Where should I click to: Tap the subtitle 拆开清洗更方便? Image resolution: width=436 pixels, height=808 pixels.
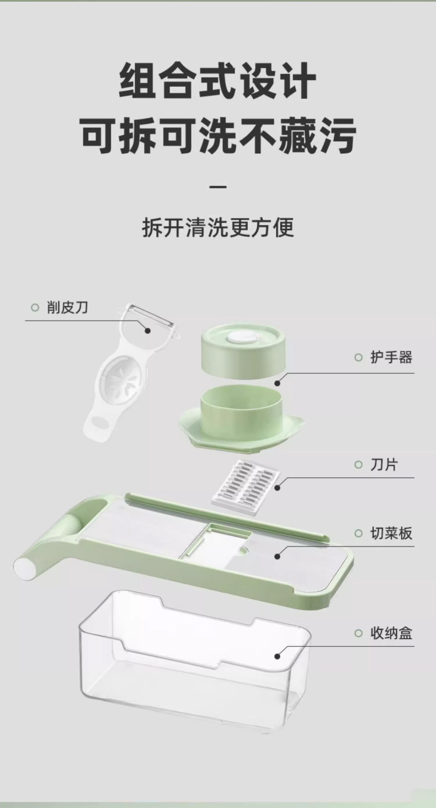[x=218, y=227]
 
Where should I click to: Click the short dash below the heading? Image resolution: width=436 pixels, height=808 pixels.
[x=219, y=187]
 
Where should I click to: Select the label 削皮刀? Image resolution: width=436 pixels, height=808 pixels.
[x=67, y=307]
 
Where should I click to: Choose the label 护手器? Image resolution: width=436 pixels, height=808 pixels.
[x=391, y=357]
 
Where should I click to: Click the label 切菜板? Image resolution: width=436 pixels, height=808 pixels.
[x=391, y=533]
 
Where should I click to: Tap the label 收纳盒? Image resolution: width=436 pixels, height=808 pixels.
[x=391, y=632]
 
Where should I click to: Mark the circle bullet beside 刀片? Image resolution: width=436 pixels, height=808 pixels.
[x=358, y=465]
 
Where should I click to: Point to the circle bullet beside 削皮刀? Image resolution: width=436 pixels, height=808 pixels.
[x=35, y=308]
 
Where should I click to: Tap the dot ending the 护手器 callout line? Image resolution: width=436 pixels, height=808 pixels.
[x=278, y=382]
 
